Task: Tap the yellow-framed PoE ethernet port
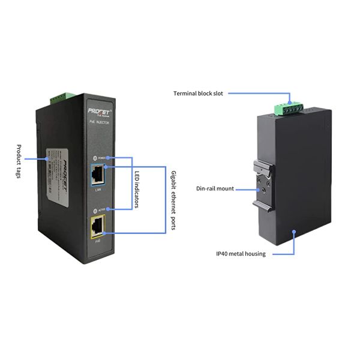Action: pyautogui.click(x=97, y=227)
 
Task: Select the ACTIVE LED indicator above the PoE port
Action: pyautogui.click(x=94, y=210)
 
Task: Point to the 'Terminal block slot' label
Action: pyautogui.click(x=198, y=94)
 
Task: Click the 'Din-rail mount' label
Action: pyautogui.click(x=215, y=188)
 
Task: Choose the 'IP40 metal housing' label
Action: pyautogui.click(x=241, y=254)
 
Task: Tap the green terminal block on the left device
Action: pyautogui.click(x=61, y=96)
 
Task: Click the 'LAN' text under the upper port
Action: pyautogui.click(x=97, y=190)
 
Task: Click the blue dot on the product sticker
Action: pyautogui.click(x=47, y=159)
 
